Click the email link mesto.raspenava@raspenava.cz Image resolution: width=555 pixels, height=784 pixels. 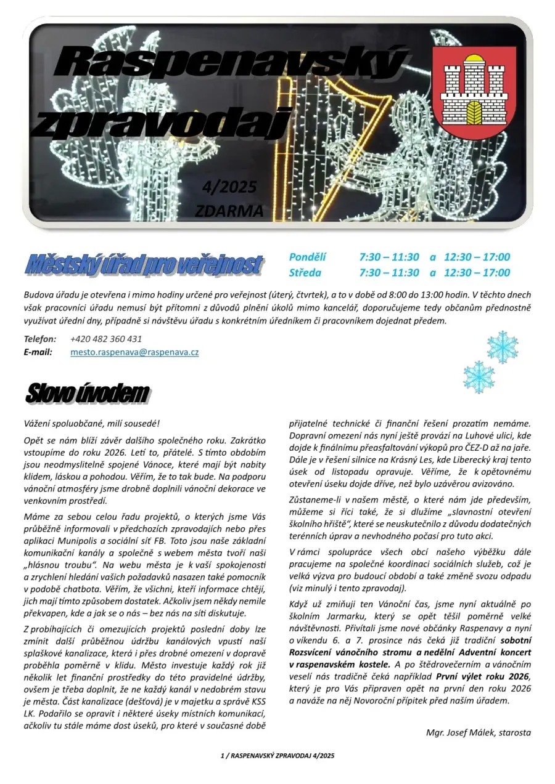tap(134, 353)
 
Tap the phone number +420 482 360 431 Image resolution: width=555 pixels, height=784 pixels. tap(106, 339)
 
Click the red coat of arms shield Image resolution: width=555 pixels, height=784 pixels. tap(474, 92)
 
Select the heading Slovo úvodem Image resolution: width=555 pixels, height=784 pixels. tap(87, 394)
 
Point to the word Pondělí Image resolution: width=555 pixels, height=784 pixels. tap(308, 257)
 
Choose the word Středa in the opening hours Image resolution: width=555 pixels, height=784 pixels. tap(305, 272)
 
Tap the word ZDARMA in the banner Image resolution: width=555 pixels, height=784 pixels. tap(229, 211)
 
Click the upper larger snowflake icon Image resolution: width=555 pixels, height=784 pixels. tap(503, 347)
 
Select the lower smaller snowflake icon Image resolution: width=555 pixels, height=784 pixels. tap(479, 376)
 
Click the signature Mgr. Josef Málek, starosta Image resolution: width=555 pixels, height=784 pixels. tap(478, 733)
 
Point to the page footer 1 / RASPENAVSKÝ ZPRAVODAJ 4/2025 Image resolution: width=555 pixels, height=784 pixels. tap(277, 755)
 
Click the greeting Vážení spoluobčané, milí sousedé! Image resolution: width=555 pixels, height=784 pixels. tap(91, 424)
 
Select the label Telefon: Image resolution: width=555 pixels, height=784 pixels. tap(40, 339)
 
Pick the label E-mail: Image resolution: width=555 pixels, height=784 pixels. tap(38, 353)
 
